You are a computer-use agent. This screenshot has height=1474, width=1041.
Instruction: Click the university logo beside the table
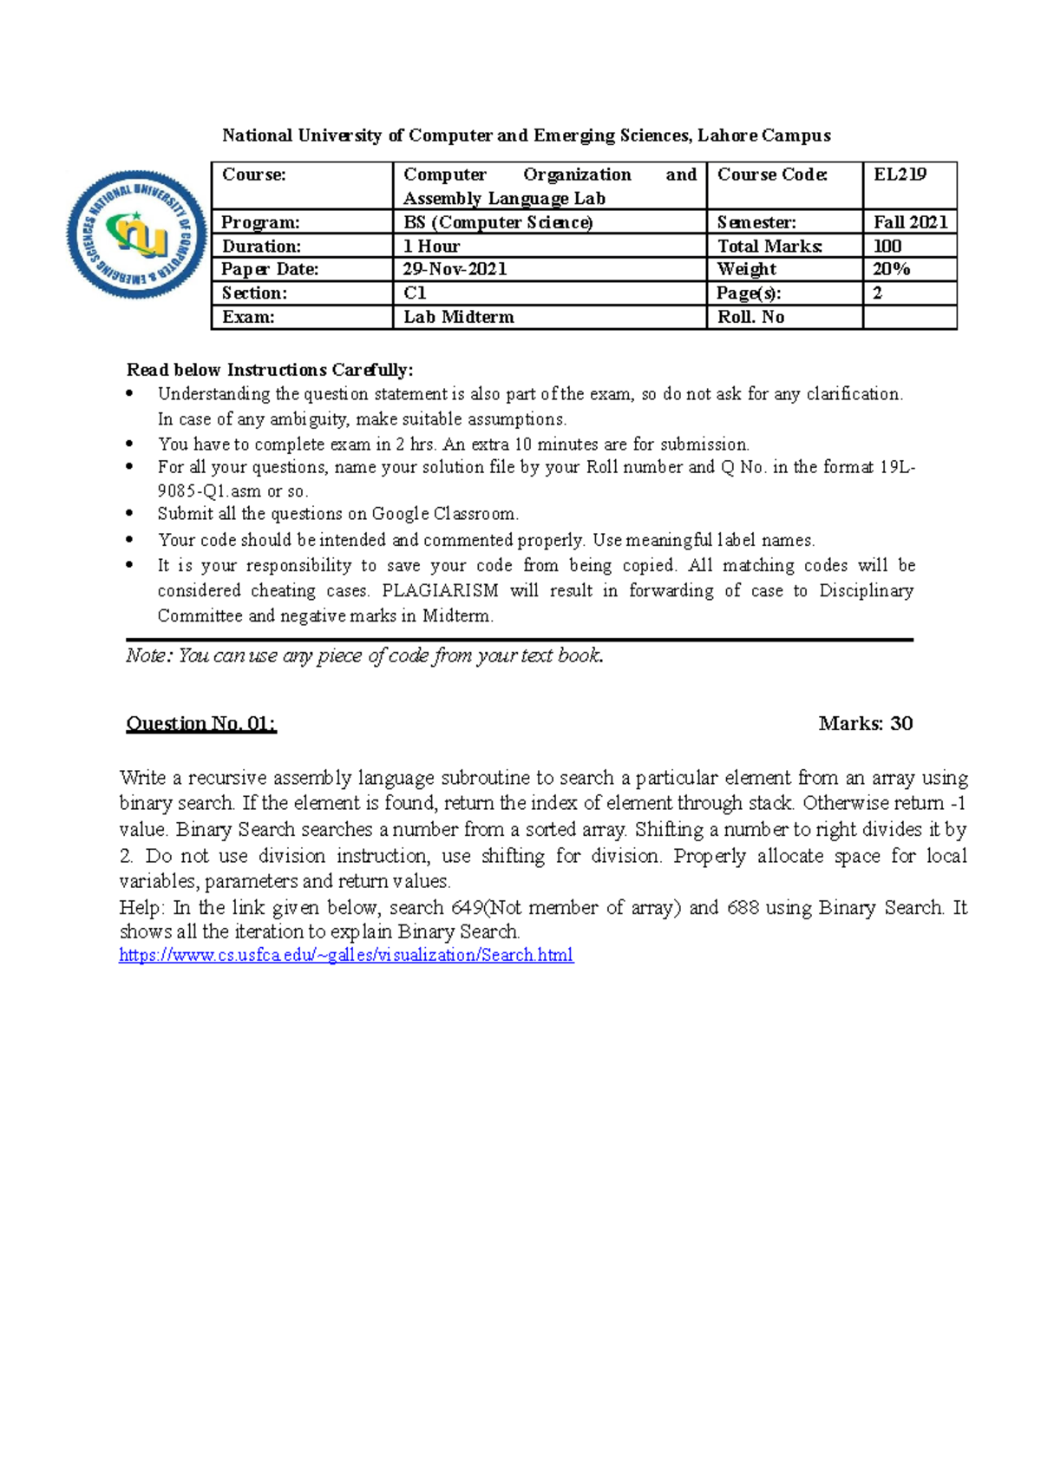tap(136, 234)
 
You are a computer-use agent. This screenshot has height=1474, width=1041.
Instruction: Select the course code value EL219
tap(900, 174)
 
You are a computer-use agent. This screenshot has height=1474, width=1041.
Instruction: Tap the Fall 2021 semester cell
tap(909, 222)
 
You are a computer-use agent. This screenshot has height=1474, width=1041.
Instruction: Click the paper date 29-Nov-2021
tap(455, 269)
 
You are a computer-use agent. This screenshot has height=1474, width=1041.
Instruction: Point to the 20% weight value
tap(891, 269)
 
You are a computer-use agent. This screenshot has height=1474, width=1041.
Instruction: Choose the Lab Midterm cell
tap(459, 317)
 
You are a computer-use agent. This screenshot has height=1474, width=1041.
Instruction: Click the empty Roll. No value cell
tap(909, 317)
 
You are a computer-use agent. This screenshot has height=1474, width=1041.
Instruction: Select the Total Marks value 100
tap(887, 246)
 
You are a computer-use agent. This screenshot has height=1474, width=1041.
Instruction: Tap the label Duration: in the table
tap(261, 246)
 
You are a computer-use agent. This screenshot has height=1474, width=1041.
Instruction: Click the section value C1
tap(415, 293)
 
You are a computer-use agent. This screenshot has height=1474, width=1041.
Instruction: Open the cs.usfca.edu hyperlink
tap(346, 956)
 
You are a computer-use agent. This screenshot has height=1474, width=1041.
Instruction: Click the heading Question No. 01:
tap(201, 723)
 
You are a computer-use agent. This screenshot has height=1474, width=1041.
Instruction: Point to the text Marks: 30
tap(865, 723)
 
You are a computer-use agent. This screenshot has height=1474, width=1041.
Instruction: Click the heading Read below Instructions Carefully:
tap(270, 370)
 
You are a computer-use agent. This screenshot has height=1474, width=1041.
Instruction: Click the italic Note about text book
tap(364, 655)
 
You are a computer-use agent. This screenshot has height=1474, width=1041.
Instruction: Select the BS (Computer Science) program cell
tap(498, 222)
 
